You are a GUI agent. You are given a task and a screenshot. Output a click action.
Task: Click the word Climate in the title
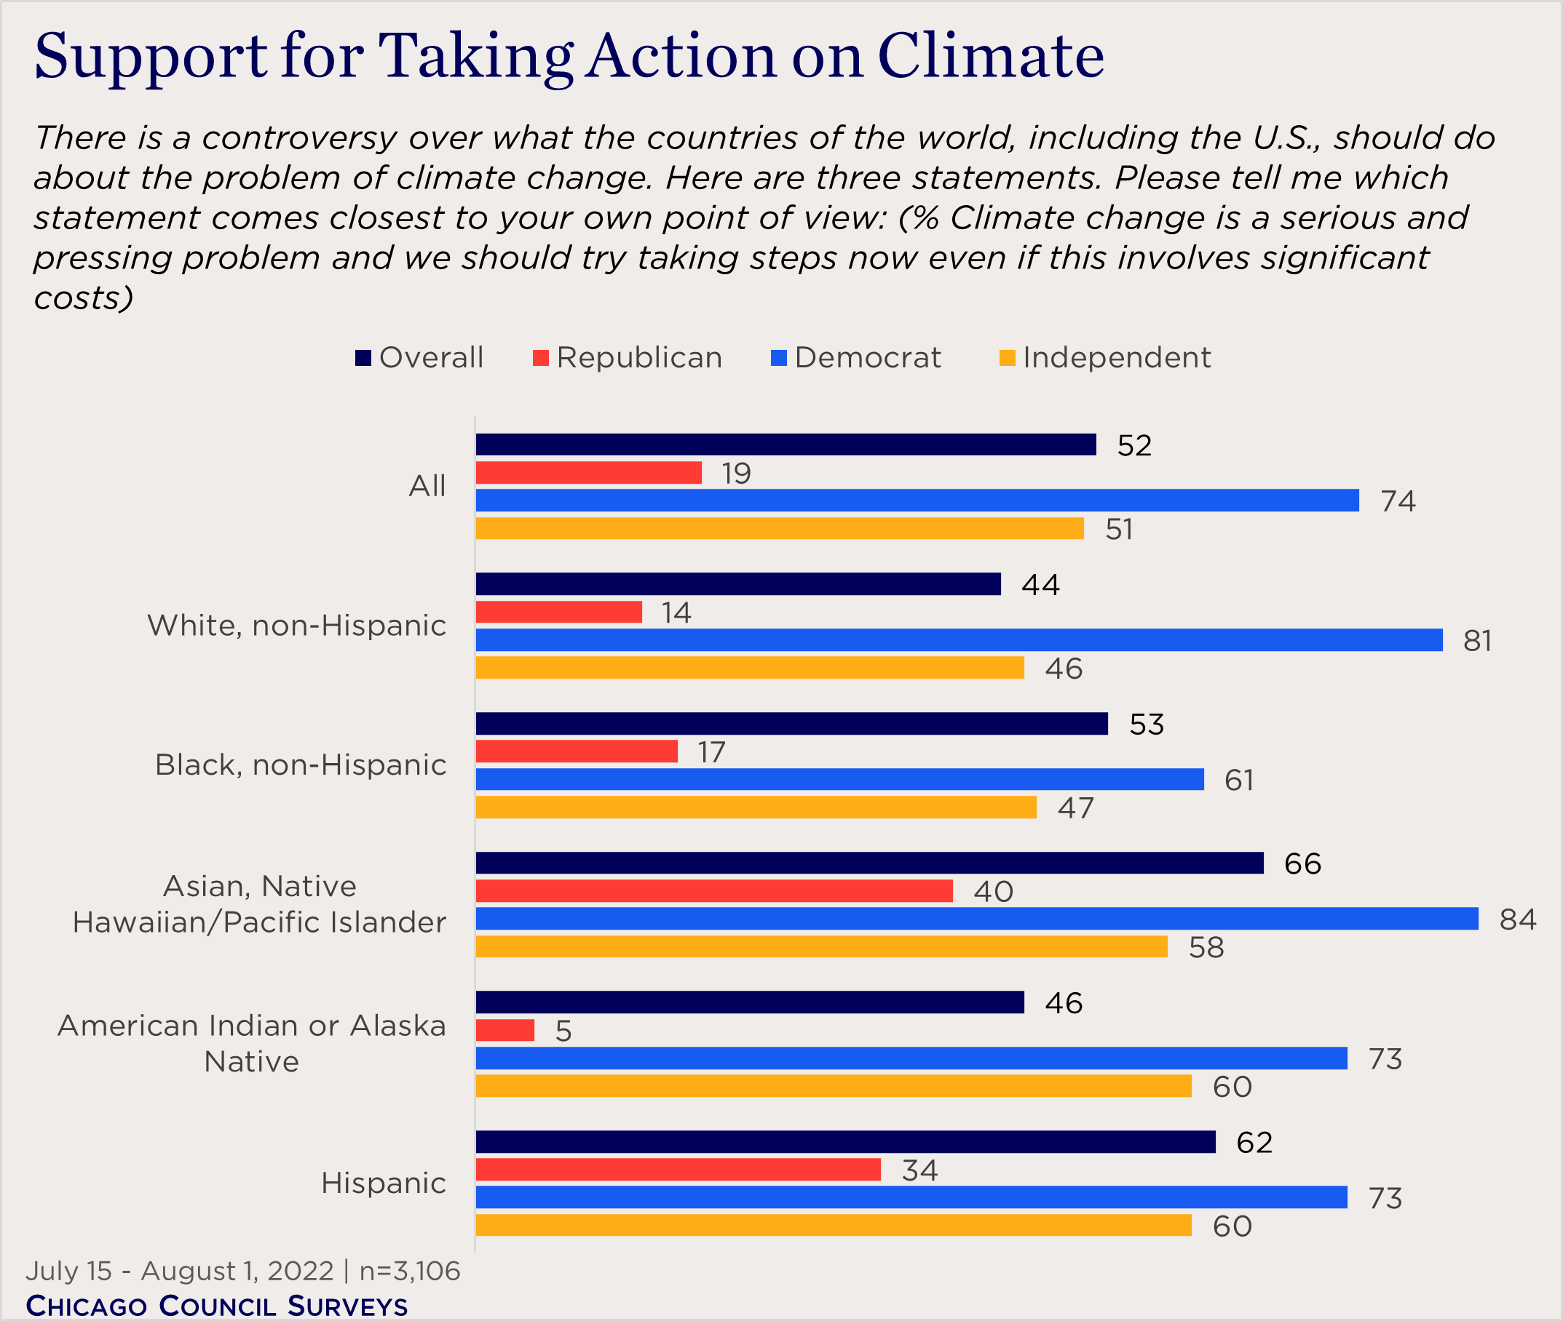coord(991,57)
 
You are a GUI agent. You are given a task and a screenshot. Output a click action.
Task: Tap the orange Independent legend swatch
coord(1007,358)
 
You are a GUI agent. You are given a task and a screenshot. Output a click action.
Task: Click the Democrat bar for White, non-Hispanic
coord(958,640)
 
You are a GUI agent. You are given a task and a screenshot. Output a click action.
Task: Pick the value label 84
coord(1517,919)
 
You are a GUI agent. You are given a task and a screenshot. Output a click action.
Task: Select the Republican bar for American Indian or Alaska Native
coord(505,1031)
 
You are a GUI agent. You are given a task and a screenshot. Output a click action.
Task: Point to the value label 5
coord(563,1032)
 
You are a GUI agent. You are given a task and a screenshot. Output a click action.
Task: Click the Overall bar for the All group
coord(786,445)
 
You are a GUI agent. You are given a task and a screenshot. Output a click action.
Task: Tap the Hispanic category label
coord(383,1184)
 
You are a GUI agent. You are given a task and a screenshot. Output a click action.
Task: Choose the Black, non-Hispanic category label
coord(301,765)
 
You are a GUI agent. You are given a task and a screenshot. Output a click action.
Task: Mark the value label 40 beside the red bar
coord(993,892)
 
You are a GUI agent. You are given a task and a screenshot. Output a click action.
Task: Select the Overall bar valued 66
coord(869,863)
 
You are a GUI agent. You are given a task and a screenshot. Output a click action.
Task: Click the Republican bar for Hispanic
coord(677,1170)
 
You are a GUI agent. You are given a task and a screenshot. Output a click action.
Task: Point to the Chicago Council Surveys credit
coord(216,1305)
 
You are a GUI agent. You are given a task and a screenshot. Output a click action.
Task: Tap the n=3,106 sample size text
coord(409,1271)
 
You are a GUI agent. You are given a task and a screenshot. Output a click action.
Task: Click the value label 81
coord(1477,641)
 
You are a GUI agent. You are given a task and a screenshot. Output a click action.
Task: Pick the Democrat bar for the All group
coord(917,500)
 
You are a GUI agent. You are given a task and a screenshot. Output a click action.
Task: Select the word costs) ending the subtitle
coord(83,298)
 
